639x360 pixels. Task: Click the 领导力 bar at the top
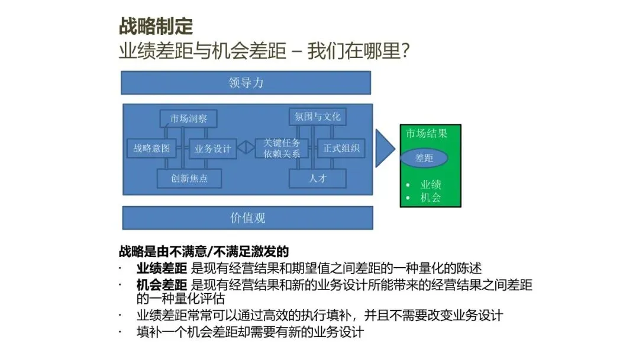pos(246,83)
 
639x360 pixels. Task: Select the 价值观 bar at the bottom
pos(248,218)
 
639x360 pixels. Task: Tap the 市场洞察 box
pos(188,118)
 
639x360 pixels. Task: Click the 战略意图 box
pos(151,149)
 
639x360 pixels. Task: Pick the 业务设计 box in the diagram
pos(213,149)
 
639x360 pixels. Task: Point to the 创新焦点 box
pos(189,178)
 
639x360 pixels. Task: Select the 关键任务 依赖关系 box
pos(282,148)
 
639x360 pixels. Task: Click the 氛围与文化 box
pos(318,117)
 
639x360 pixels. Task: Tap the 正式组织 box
pos(341,149)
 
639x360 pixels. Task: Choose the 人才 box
pos(318,178)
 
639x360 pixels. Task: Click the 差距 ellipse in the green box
pos(424,157)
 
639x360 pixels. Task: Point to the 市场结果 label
pos(426,133)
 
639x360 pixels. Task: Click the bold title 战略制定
pos(156,26)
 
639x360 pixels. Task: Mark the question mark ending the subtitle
pos(405,51)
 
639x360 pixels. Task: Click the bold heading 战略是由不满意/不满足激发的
pos(204,252)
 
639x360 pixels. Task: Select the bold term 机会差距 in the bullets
pos(162,285)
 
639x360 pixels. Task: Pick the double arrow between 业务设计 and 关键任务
pos(246,147)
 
